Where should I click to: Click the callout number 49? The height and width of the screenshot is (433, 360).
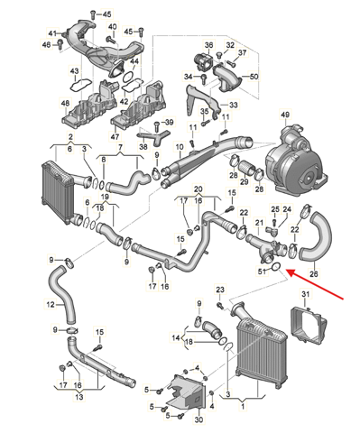tap(285, 115)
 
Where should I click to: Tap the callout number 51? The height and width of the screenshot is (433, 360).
tap(262, 272)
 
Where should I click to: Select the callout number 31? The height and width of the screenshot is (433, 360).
tap(305, 294)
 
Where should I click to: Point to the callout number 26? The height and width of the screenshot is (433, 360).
tap(314, 274)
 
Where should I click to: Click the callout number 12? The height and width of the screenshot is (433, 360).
tap(51, 305)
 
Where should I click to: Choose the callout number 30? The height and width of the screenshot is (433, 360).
tap(198, 419)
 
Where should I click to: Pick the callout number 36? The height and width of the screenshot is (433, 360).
tap(208, 45)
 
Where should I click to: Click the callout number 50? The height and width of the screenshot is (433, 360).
tap(254, 77)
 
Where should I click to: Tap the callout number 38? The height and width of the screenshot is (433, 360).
tap(143, 146)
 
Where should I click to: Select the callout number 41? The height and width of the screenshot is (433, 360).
tap(52, 33)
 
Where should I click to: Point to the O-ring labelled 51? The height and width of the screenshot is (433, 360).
tap(276, 266)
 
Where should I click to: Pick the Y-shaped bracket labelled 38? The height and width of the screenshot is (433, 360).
tap(153, 135)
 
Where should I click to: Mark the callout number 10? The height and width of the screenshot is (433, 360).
tap(180, 147)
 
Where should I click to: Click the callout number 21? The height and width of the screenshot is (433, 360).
tap(259, 223)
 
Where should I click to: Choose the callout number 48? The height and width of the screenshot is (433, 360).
tap(65, 103)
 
